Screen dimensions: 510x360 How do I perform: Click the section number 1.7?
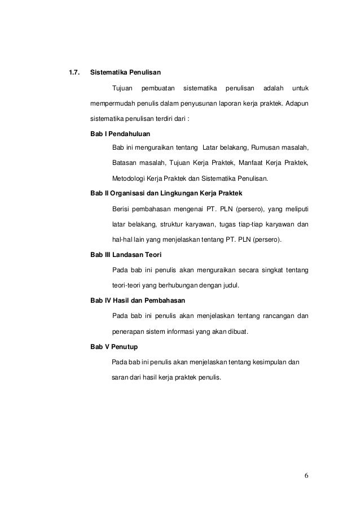coord(73,72)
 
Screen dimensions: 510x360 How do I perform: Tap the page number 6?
coord(306,474)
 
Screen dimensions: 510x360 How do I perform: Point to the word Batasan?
coord(125,164)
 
